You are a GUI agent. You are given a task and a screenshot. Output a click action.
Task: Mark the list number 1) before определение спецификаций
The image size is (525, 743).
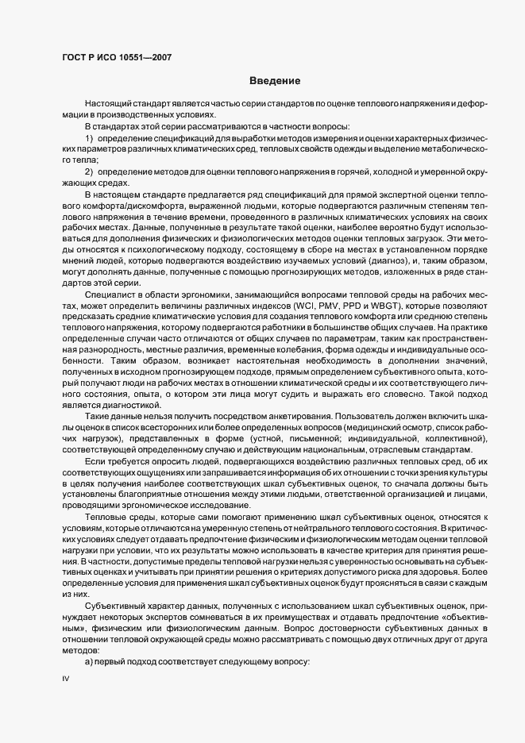(90, 140)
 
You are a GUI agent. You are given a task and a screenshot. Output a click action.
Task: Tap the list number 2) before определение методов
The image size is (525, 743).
(90, 172)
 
